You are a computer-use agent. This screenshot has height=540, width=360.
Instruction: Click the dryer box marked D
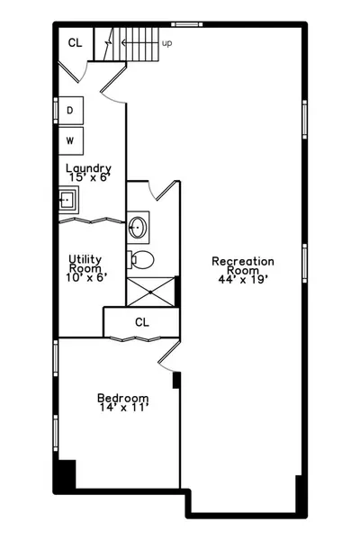click(70, 110)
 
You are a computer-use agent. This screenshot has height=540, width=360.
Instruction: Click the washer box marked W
click(70, 140)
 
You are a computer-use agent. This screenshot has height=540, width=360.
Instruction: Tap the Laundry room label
click(88, 168)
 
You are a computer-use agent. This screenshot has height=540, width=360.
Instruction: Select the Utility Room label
click(85, 264)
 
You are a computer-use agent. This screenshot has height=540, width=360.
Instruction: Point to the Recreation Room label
click(243, 265)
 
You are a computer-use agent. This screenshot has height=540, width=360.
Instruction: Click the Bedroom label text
click(123, 398)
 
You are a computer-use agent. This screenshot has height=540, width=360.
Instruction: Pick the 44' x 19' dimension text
click(243, 279)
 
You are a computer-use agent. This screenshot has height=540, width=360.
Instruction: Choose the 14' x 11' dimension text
click(123, 408)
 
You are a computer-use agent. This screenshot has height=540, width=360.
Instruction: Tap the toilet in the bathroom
click(140, 260)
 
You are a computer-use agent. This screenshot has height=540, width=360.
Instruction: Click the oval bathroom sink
click(138, 228)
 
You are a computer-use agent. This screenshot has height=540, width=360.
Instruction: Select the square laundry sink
click(68, 200)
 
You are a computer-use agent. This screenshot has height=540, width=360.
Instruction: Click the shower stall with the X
click(151, 292)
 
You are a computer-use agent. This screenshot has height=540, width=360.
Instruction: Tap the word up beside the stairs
click(166, 43)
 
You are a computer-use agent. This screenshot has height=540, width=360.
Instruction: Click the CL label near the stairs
click(75, 42)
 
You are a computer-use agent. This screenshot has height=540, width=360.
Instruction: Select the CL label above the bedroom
click(142, 322)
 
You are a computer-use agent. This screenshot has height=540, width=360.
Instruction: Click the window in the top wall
click(186, 24)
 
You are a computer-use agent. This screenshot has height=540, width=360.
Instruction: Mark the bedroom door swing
click(169, 356)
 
